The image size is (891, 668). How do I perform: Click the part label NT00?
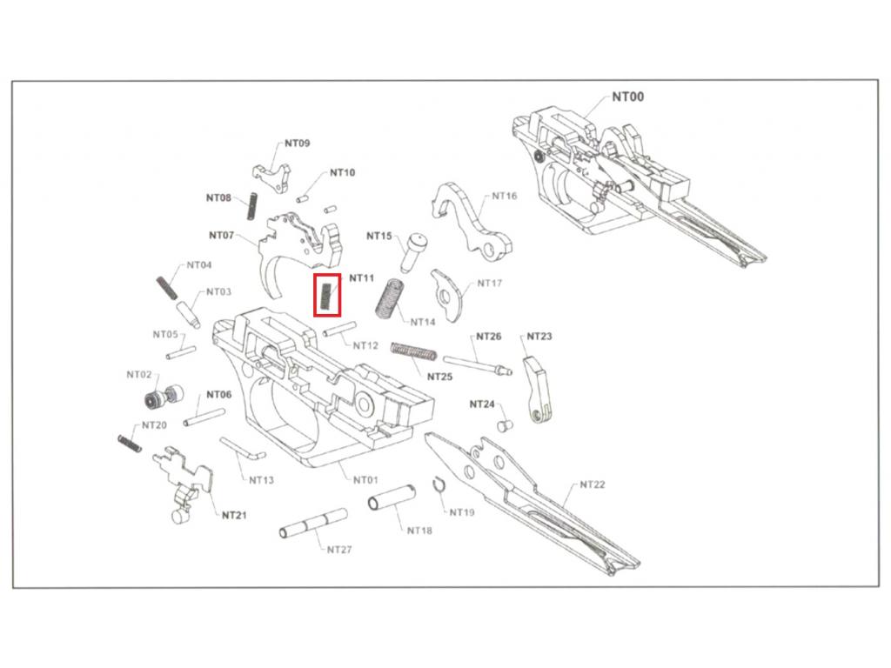(627, 97)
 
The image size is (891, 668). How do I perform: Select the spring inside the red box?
(326, 296)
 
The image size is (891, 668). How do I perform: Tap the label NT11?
(361, 278)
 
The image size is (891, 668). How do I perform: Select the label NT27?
(339, 550)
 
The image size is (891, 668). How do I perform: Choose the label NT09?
(297, 144)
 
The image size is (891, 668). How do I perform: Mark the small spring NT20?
(129, 442)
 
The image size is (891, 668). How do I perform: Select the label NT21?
(233, 515)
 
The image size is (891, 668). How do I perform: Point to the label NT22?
(592, 484)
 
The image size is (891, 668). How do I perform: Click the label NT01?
(365, 479)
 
